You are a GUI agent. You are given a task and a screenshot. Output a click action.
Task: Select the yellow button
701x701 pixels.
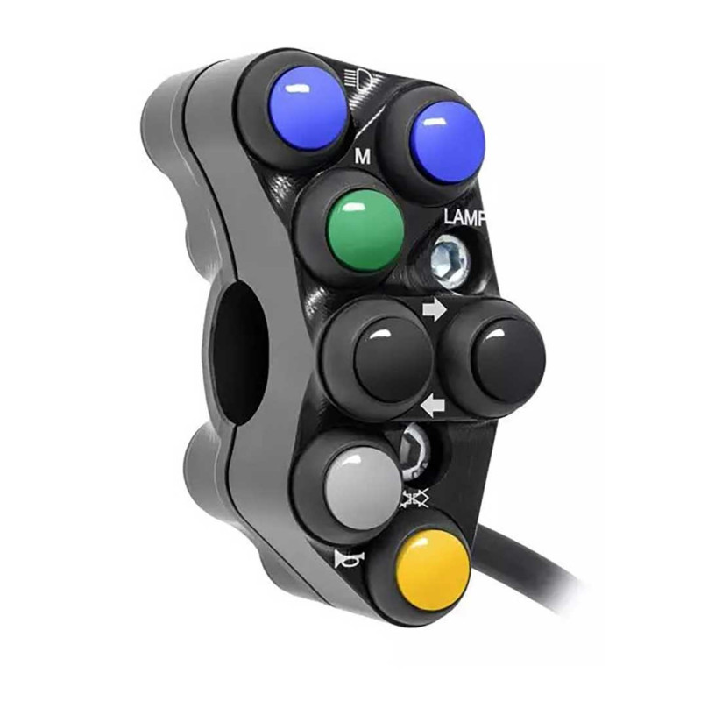(x=434, y=572)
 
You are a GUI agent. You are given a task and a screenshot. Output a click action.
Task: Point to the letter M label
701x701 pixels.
(x=363, y=157)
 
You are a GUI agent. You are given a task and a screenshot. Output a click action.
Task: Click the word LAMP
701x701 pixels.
(x=464, y=217)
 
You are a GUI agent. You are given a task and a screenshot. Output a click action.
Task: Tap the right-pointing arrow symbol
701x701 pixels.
(x=434, y=310)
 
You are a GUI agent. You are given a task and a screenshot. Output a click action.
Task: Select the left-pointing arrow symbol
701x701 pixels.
(x=433, y=406)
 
